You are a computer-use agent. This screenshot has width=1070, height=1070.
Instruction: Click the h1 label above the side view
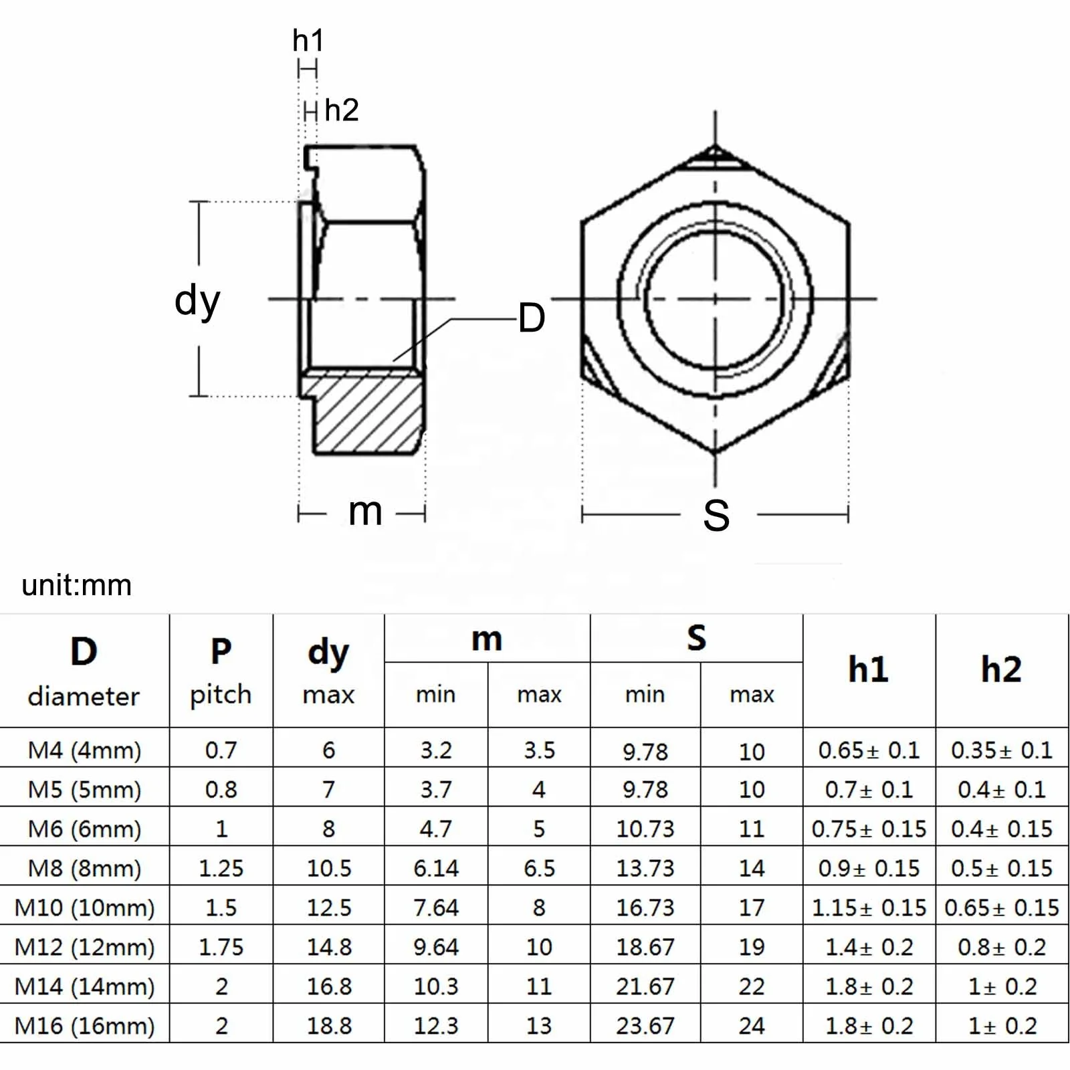[x=308, y=41]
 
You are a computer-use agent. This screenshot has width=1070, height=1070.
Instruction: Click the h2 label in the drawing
[x=341, y=110]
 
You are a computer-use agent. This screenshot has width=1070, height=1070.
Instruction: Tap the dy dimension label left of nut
[x=197, y=300]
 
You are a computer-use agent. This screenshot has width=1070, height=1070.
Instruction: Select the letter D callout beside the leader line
[x=532, y=318]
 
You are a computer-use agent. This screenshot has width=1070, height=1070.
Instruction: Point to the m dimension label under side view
[x=365, y=512]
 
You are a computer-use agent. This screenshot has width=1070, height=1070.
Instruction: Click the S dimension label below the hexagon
[x=716, y=516]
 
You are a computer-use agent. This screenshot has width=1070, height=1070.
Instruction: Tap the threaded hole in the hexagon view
[x=715, y=298]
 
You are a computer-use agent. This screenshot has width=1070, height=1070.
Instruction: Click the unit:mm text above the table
[x=77, y=585]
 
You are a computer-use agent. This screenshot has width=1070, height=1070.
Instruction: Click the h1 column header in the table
[x=868, y=669]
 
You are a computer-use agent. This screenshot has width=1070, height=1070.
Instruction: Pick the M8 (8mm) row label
[x=84, y=868]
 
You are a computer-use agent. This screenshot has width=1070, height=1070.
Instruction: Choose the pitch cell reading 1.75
[x=221, y=947]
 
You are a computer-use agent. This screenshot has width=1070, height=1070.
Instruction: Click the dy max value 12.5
[x=328, y=907]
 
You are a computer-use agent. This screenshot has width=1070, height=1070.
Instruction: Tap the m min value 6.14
[x=435, y=868]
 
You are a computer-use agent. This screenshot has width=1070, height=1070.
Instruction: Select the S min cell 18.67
[x=645, y=947]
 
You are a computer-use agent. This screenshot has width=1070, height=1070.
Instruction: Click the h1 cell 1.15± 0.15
[x=868, y=907]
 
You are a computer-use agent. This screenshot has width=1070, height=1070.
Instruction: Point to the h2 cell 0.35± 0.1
[x=1001, y=750]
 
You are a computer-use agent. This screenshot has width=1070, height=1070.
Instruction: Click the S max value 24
[x=751, y=1026]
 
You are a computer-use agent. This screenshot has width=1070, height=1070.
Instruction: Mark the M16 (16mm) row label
[x=84, y=1026]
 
